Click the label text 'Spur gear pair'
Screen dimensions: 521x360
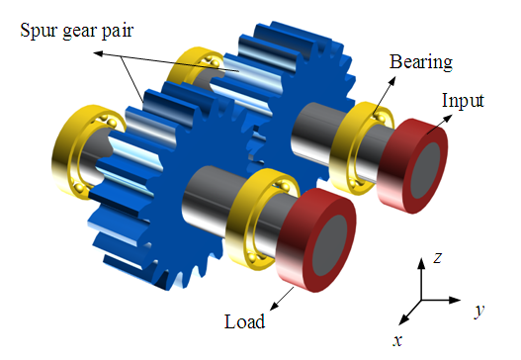click(77, 32)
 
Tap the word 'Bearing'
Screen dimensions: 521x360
click(421, 62)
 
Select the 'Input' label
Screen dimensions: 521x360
click(463, 101)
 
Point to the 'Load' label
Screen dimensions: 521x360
click(245, 321)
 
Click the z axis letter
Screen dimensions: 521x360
click(438, 257)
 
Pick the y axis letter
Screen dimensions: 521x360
click(479, 310)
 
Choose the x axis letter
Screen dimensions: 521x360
click(397, 340)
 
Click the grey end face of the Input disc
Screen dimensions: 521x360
click(426, 170)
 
